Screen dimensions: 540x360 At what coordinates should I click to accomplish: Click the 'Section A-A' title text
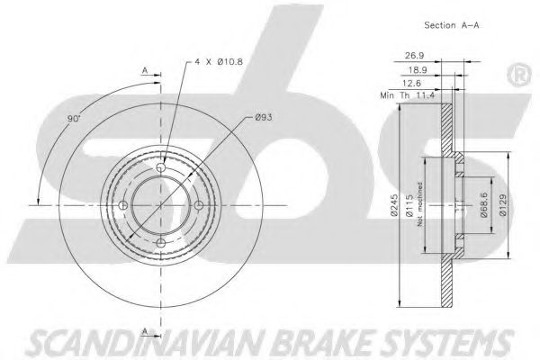452,25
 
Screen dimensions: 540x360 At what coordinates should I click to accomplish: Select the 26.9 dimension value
414,55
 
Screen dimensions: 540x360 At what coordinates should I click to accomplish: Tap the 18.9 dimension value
418,70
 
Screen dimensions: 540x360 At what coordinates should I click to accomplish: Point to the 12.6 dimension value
412,83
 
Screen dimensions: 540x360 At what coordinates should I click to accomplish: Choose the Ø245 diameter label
394,205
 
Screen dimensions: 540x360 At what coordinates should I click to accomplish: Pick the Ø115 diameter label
409,205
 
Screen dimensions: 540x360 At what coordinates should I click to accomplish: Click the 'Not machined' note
419,204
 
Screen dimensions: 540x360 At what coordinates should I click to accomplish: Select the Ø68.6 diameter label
484,205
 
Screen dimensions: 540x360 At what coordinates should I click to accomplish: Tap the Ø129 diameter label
503,205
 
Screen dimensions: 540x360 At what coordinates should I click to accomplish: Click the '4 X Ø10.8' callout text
219,62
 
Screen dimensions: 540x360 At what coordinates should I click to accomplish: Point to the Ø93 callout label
264,118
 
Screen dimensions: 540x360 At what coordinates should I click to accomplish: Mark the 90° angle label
74,119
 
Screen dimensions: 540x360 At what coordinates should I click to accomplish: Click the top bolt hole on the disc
161,167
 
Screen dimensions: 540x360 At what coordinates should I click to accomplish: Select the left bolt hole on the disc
123,206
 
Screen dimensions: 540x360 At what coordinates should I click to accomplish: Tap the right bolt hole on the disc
199,206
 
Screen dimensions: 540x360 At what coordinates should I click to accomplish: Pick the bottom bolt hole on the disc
161,243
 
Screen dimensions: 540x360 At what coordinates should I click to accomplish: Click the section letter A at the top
145,70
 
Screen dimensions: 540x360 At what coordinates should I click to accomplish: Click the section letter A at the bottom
145,331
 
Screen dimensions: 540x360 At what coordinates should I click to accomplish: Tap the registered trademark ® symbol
519,75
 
